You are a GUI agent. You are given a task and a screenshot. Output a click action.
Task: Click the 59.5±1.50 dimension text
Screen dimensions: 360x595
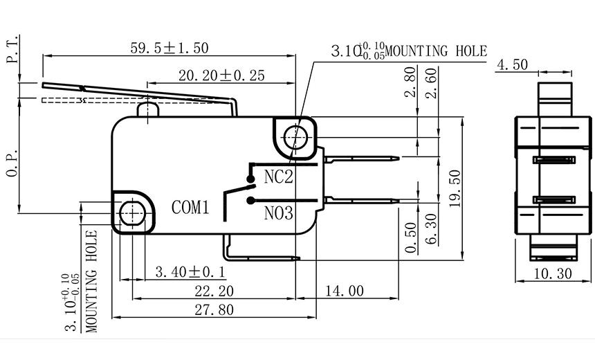pos(170,48)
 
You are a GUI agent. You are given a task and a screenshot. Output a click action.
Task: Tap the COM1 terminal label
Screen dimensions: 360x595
pos(190,207)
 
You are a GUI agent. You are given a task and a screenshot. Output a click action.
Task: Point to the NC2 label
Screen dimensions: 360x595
pos(279,177)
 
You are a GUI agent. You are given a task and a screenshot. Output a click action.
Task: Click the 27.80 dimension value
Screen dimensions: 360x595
pos(214,309)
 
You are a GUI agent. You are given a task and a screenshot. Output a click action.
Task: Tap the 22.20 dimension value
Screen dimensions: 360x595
pos(214,291)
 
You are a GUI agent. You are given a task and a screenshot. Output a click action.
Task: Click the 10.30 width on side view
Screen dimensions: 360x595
pos(553,273)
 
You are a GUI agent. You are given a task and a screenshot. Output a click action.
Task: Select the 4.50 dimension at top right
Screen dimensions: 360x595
pos(512,65)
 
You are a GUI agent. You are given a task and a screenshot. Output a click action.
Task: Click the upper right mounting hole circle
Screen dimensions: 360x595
pos(297,136)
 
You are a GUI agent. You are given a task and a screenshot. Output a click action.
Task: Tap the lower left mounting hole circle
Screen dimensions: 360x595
pos(130,213)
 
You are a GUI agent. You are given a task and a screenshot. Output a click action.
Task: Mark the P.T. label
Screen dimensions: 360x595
pos(12,51)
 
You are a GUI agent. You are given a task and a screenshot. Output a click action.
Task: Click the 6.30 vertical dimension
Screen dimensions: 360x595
pos(430,229)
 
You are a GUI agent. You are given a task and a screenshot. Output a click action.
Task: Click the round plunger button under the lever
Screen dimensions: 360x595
pos(148,109)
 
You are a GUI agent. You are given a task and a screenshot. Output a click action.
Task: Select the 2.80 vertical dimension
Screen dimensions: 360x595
pos(411,82)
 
